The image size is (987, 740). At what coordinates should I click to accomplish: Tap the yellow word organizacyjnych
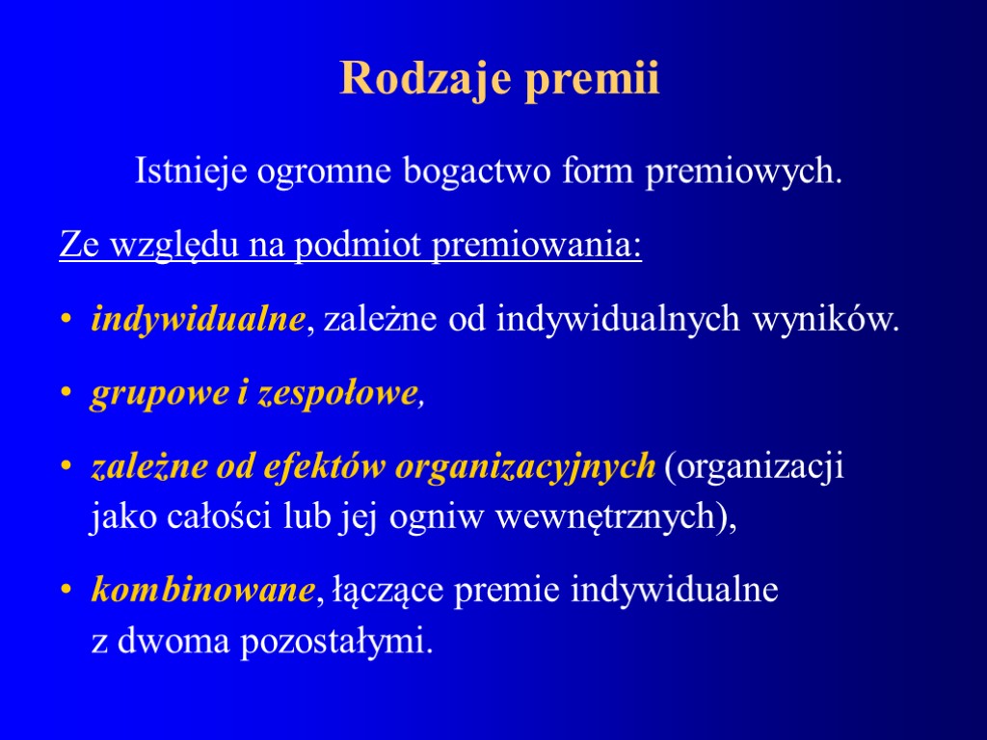[x=526, y=468]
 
